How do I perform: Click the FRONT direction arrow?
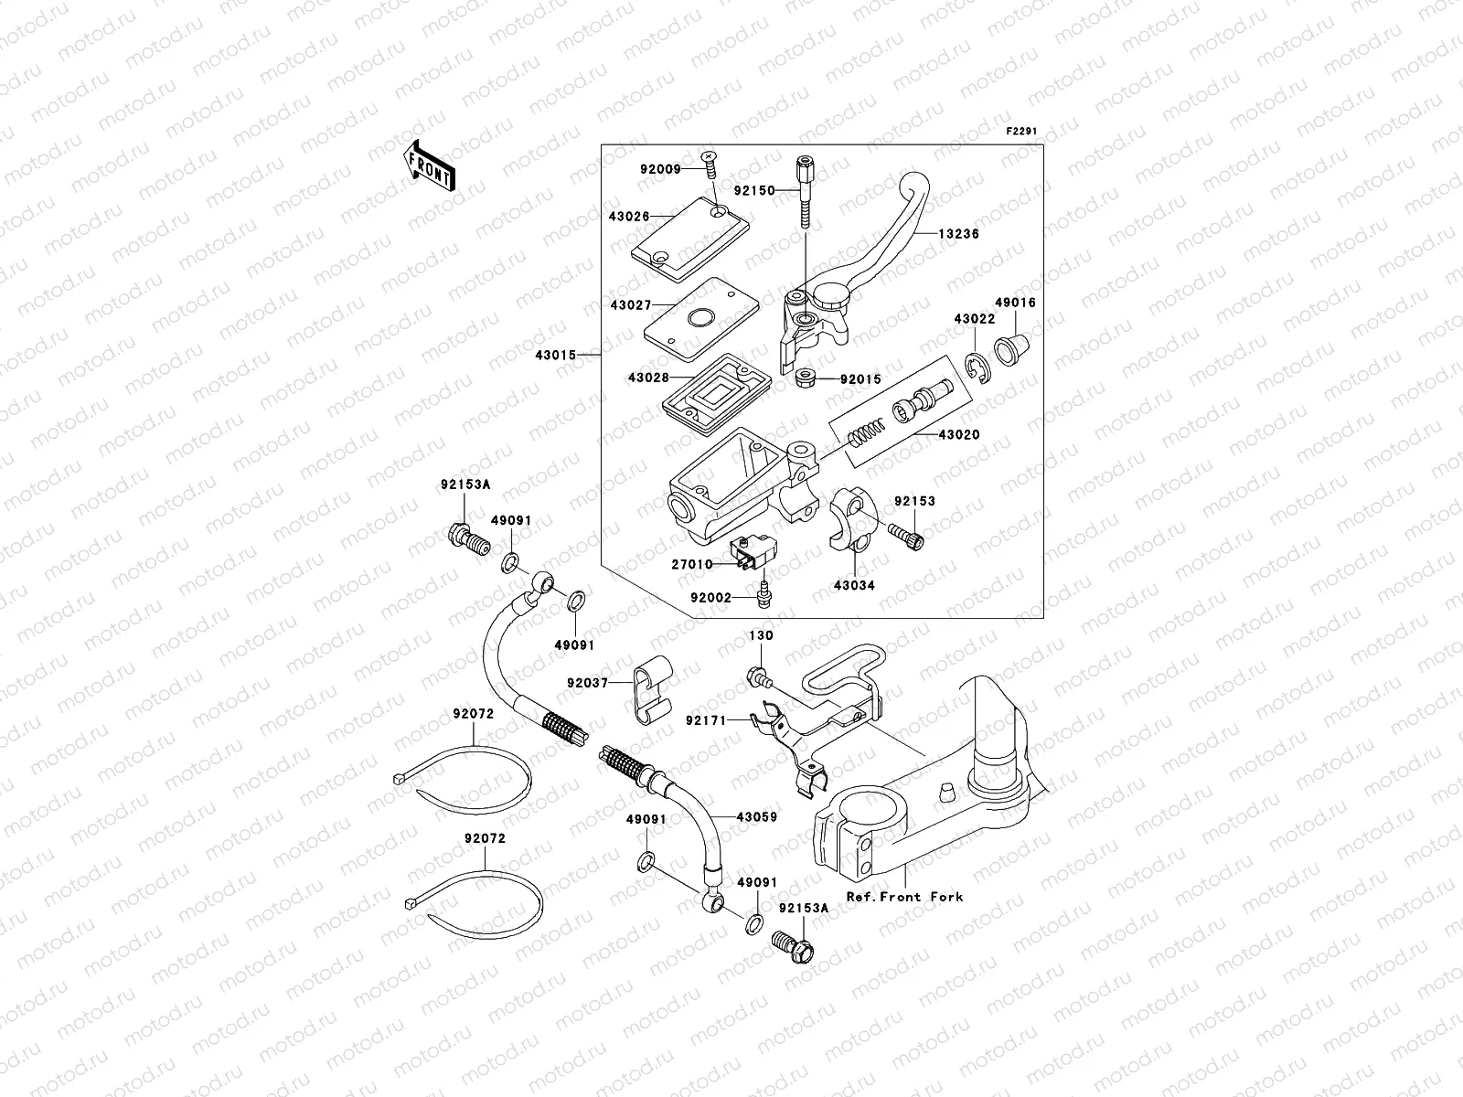tap(430, 165)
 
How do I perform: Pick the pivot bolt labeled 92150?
tap(805, 191)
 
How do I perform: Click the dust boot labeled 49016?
tap(1011, 349)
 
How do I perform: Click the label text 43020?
tap(959, 435)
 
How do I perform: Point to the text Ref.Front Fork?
tap(903, 897)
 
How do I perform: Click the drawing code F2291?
tap(1024, 132)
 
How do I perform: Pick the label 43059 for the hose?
tap(757, 817)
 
